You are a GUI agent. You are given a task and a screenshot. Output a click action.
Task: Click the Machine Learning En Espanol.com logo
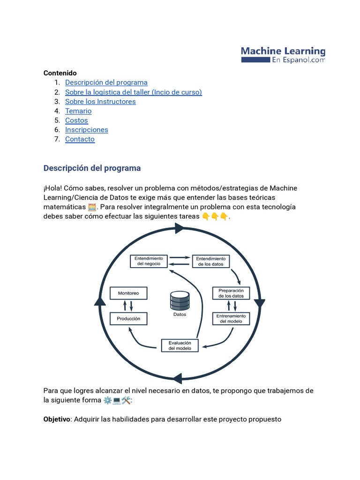[283, 54]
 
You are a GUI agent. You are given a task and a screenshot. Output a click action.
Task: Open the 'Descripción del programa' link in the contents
[106, 82]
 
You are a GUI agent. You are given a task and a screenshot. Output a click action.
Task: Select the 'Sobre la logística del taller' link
[133, 92]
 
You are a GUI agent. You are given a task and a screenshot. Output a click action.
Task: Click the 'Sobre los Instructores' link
[100, 101]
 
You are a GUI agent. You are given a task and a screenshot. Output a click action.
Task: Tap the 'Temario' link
[78, 111]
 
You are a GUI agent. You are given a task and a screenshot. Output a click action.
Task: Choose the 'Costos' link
[76, 120]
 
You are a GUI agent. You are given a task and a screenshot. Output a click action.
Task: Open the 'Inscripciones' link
[86, 129]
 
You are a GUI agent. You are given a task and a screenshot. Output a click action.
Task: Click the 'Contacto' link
[80, 139]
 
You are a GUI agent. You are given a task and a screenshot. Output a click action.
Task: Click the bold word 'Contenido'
[60, 73]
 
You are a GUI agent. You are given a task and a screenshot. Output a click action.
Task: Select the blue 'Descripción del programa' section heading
[92, 168]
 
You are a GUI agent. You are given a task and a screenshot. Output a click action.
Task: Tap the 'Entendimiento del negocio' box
[149, 261]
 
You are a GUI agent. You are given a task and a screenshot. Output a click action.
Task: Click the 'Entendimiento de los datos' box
[210, 261]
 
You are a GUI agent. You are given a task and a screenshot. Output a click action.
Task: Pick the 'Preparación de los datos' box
[231, 293]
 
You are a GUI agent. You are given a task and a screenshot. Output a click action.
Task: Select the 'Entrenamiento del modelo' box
[231, 319]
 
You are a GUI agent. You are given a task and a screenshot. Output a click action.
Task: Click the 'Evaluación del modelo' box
[180, 345]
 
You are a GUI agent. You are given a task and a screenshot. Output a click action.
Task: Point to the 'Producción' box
[128, 319]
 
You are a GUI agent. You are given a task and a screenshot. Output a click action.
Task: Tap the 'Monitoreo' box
[128, 293]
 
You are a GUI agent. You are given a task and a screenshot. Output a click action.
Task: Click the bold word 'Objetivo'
[57, 419]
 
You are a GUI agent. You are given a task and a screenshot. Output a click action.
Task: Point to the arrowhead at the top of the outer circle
[179, 228]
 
